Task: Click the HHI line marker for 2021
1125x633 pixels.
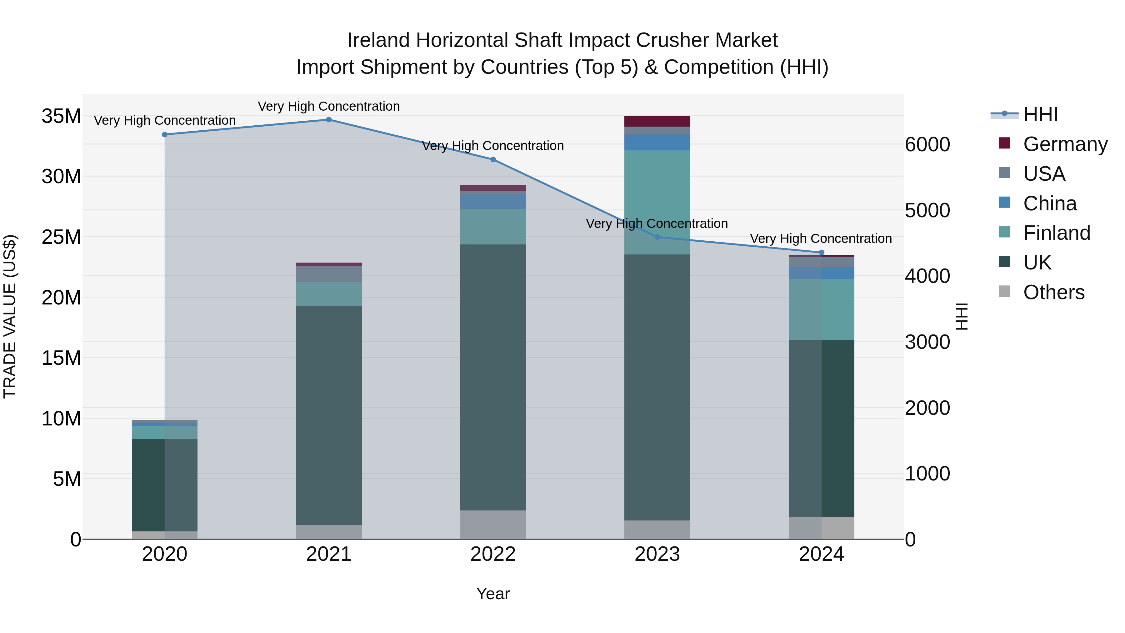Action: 329,120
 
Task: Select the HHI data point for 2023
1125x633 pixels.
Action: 657,237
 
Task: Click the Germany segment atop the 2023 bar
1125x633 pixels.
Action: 657,121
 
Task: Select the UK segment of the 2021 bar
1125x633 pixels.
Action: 329,415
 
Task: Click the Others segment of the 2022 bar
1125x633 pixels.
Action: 493,524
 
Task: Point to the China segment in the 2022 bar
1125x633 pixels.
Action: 493,201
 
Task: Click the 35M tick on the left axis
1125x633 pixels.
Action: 61,117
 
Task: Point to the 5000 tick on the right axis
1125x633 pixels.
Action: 927,211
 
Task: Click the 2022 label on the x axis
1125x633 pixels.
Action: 493,554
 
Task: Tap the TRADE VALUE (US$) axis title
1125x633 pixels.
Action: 10,316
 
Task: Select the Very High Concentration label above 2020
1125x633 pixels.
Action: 165,121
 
